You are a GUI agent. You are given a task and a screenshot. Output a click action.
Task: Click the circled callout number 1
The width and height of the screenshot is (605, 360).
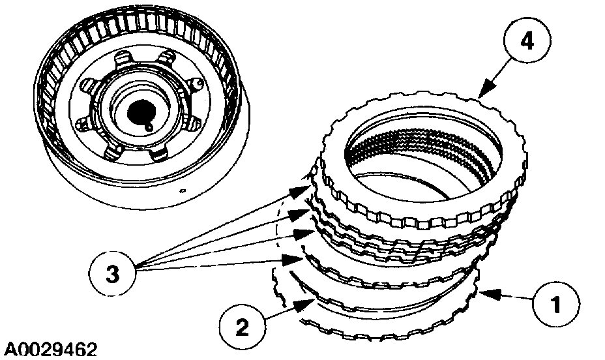pos(555,305)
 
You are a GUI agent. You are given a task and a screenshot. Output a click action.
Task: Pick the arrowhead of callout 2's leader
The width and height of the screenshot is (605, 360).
pos(302,302)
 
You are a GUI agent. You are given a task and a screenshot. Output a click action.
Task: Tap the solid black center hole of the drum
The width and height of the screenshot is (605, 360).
pos(140,111)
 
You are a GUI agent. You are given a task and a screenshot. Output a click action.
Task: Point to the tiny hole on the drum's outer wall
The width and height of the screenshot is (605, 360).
pos(183,191)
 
